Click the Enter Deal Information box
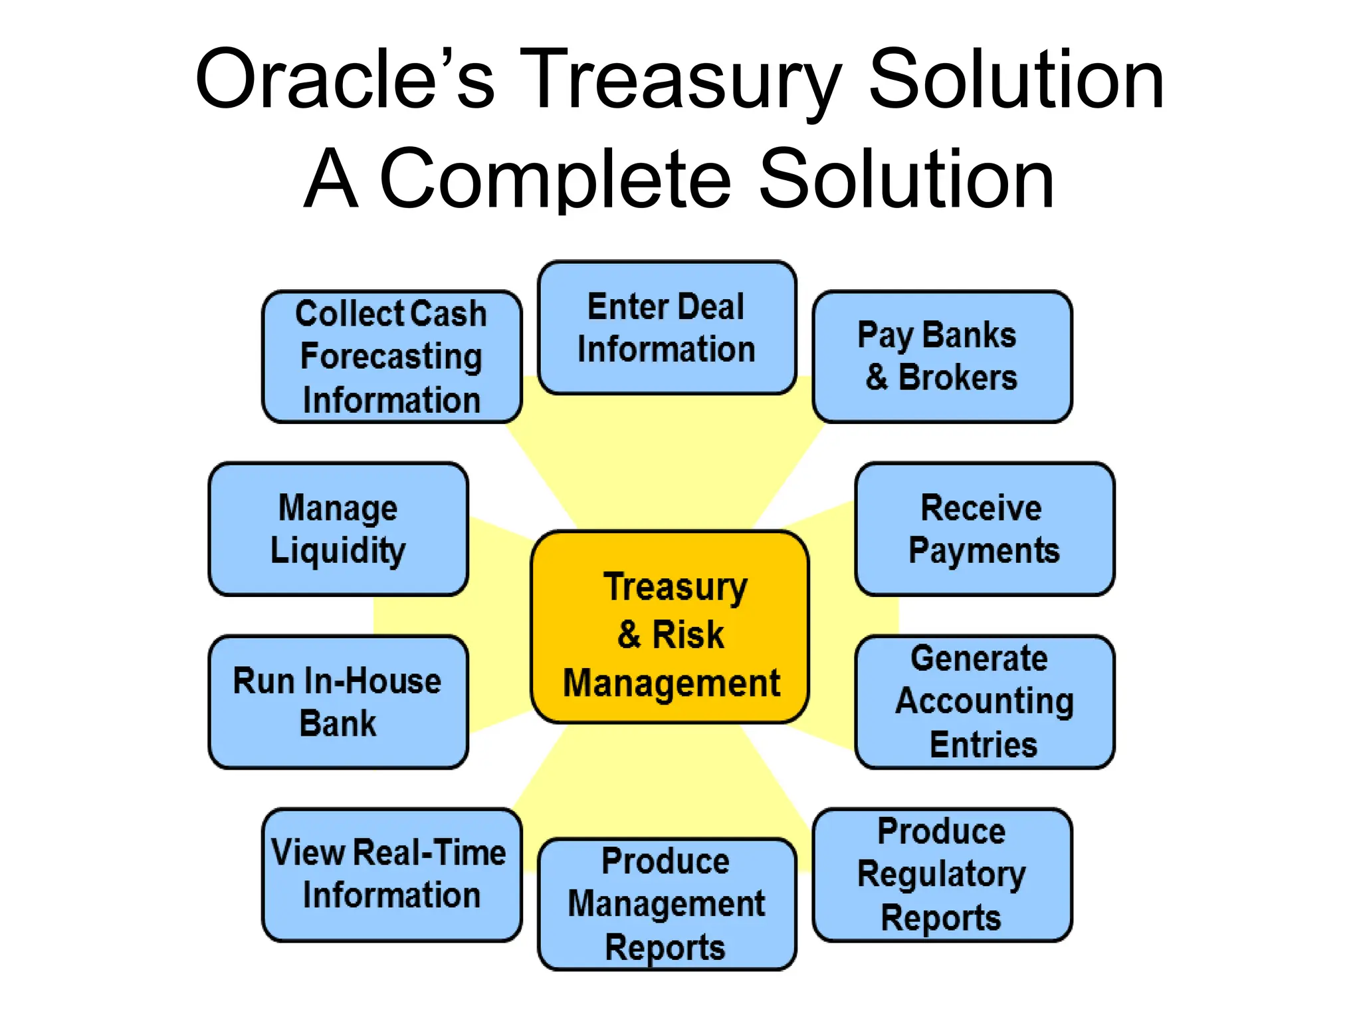667,328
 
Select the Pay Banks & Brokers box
942,356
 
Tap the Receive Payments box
984,529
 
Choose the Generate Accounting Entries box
984,702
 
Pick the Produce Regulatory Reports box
942,875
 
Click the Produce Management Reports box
667,904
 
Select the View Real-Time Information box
391,875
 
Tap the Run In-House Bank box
338,702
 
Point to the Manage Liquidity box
338,529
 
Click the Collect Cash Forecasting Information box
391,356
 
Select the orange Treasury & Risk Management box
670,627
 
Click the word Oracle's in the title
344,80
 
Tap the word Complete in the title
556,179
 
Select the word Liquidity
338,551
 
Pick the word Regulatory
942,875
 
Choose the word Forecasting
391,357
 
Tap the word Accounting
984,702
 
